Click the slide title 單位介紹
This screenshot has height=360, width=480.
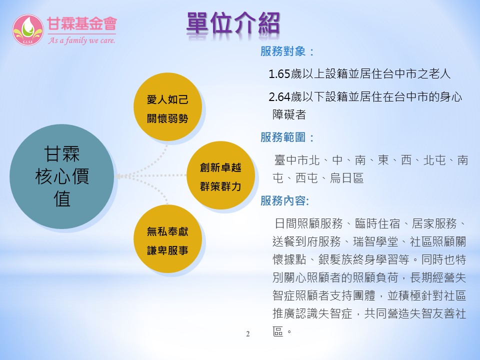coord(233,23)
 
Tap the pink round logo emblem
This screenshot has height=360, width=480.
coord(28,30)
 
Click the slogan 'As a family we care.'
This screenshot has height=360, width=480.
coord(81,40)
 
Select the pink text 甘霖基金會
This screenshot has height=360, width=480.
coord(81,24)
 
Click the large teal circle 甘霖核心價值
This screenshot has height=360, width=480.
coord(62,176)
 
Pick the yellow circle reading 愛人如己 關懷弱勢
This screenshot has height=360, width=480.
coord(168,107)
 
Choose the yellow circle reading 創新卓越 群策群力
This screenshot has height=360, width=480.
coord(220,175)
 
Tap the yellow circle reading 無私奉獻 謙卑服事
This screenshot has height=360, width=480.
coord(168,239)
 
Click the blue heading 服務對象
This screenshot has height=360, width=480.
coord(283,51)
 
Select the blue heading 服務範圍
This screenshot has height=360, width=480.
coord(283,137)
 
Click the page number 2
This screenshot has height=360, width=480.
coord(247,334)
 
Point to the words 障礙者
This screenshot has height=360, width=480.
coord(289,114)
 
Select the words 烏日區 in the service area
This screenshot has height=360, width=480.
coord(346,178)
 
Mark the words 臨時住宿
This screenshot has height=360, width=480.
coord(377,224)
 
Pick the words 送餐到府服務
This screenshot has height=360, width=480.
coord(306,241)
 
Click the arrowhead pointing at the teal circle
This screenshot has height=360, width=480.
coord(119,176)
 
